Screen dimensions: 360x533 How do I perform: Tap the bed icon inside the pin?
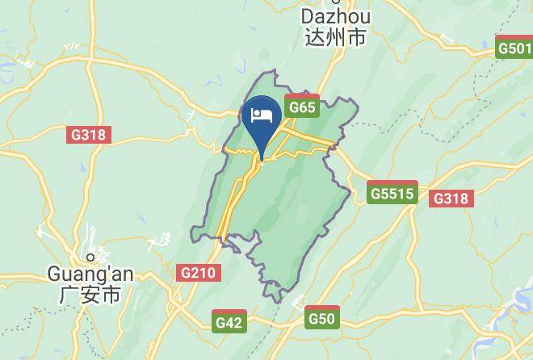click(261, 115)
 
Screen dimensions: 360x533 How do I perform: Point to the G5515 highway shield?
click(392, 193)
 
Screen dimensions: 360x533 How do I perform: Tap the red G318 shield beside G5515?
click(451, 198)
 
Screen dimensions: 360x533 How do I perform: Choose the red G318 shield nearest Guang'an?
click(88, 134)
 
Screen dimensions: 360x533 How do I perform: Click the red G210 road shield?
click(198, 273)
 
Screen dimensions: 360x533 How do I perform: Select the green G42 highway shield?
click(229, 322)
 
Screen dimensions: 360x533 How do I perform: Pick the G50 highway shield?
click(321, 318)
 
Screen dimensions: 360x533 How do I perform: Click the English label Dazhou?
click(335, 17)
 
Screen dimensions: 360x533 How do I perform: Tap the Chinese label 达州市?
click(335, 37)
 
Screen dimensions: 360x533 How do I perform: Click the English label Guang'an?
click(90, 274)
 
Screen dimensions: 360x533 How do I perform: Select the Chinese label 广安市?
click(90, 295)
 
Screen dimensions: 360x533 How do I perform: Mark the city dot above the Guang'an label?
click(90, 257)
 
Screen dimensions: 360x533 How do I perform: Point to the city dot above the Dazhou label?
click(335, 2)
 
